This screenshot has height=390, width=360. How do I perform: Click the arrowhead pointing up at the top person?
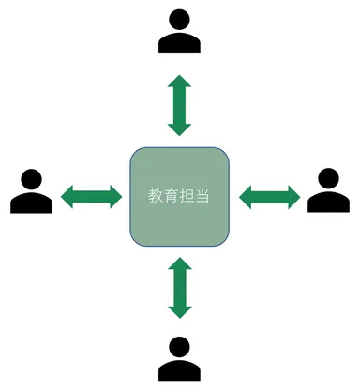(179, 83)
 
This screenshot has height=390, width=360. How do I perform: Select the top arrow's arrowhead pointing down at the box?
(179, 127)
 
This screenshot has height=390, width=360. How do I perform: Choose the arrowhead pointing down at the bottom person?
(179, 308)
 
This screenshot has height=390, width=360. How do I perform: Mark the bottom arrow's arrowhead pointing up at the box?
(179, 265)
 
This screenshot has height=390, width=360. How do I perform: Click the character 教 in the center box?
(156, 196)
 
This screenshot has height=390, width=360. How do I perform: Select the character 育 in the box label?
(172, 196)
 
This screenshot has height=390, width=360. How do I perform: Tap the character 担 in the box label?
(187, 196)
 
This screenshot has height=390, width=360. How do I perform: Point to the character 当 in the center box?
(203, 196)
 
